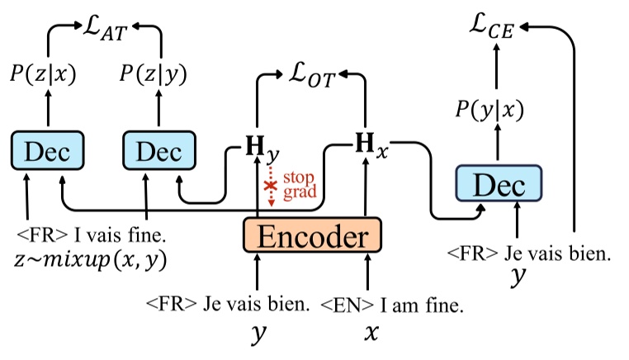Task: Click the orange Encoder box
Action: pyautogui.click(x=311, y=237)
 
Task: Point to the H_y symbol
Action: pyautogui.click(x=258, y=150)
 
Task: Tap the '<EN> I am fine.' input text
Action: pyautogui.click(x=392, y=305)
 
